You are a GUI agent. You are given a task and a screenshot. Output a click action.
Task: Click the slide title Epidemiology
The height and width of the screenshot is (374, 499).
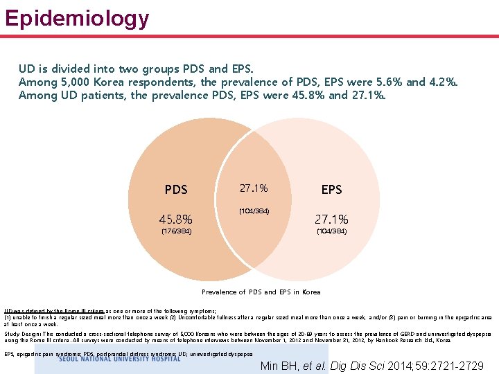coord(77,17)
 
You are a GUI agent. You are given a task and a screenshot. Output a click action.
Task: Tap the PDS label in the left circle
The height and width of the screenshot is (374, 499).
coord(176,189)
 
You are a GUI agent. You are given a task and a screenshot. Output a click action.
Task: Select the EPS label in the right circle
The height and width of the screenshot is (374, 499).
coord(331,189)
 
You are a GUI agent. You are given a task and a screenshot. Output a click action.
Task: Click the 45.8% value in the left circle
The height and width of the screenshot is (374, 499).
coord(176,220)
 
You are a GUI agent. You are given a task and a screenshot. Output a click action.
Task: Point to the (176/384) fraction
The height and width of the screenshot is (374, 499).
coord(176,231)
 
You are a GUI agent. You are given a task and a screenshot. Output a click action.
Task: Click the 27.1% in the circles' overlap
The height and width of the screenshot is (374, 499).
coord(254,188)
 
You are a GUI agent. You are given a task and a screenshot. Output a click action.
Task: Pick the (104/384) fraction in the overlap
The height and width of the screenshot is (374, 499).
coord(254,211)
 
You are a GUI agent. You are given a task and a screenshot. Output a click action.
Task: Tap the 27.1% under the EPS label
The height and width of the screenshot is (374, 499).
coord(331,220)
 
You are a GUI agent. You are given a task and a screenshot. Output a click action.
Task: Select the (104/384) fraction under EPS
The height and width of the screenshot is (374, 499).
coord(331,231)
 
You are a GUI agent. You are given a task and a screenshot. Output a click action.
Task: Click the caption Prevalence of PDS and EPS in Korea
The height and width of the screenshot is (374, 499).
coord(261,292)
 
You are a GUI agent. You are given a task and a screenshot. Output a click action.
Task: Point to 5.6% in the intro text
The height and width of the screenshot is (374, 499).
coord(387,82)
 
